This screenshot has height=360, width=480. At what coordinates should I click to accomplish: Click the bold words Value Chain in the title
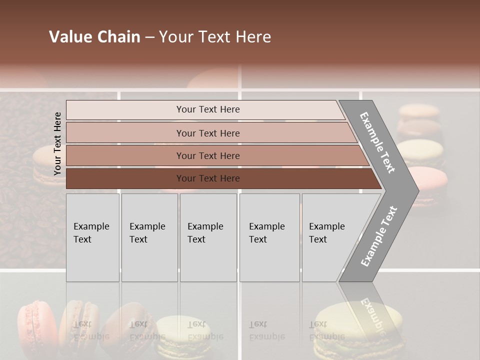94,37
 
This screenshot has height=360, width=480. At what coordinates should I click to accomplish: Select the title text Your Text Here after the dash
215,37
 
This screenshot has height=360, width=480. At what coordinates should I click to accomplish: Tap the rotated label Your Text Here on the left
57,143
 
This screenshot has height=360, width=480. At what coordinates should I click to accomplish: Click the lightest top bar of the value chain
207,109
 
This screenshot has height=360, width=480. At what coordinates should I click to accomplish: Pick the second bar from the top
207,133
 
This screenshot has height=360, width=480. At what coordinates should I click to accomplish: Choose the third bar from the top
207,155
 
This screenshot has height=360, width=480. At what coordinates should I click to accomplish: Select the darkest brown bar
207,178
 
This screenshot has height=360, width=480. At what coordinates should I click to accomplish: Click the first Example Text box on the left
92,237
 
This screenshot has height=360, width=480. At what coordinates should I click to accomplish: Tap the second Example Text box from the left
149,237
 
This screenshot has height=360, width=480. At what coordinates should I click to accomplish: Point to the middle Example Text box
208,237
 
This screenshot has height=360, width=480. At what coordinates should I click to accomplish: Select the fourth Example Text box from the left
269,237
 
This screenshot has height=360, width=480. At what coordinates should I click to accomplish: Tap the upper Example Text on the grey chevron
377,142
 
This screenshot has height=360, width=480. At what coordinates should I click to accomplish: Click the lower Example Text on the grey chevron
378,236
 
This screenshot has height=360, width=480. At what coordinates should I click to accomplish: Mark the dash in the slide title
149,37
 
